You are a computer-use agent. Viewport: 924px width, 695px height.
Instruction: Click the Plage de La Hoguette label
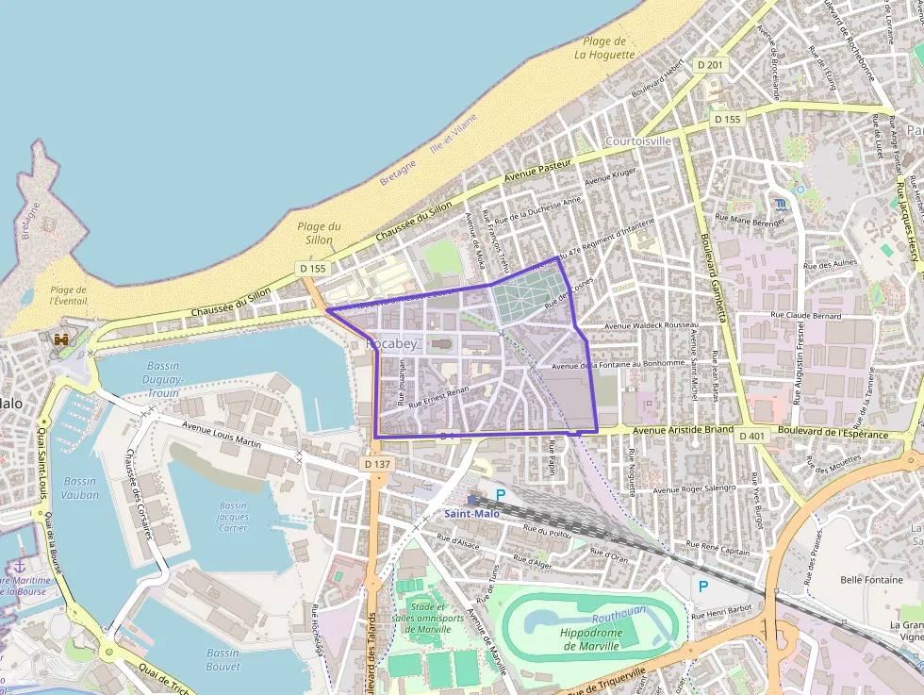[604, 48]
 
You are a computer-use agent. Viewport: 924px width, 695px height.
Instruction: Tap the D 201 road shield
[712, 64]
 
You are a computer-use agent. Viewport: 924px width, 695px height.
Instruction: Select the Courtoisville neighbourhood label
[638, 141]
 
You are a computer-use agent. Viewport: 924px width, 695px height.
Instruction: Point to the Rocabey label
[390, 344]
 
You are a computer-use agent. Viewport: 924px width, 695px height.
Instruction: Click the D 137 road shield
[376, 464]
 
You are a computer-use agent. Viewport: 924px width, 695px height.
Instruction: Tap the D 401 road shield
[752, 436]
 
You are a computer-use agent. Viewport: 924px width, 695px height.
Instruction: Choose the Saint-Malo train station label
[472, 513]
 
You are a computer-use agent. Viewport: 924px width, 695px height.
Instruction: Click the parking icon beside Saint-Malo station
[501, 494]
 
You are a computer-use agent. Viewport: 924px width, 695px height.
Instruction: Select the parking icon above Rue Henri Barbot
[702, 587]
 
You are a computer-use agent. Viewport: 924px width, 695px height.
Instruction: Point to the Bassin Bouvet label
[223, 659]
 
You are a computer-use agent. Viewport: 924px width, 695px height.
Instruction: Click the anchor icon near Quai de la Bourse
[18, 566]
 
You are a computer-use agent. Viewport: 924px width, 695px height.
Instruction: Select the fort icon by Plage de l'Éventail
[62, 339]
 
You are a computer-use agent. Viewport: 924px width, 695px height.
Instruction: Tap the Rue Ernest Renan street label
[440, 401]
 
